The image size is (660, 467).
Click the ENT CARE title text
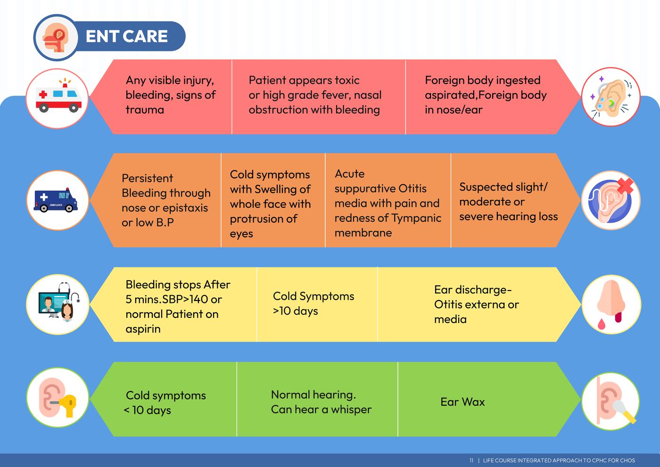click(126, 36)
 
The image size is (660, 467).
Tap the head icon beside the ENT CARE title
click(56, 38)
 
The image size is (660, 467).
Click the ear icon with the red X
click(611, 200)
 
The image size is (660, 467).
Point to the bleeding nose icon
click(611, 304)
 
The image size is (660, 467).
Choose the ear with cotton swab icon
click(611, 399)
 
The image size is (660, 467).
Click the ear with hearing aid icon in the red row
click(611, 97)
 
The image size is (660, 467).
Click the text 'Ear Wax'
click(462, 402)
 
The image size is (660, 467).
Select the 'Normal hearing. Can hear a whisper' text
click(321, 402)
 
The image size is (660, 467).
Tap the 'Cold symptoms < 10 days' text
click(165, 402)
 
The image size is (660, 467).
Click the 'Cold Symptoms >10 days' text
click(313, 303)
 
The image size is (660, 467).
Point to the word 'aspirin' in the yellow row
click(143, 329)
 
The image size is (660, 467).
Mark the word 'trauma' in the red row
click(145, 110)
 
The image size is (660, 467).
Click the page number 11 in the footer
click(471, 460)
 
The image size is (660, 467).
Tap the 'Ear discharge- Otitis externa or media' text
click(476, 304)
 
